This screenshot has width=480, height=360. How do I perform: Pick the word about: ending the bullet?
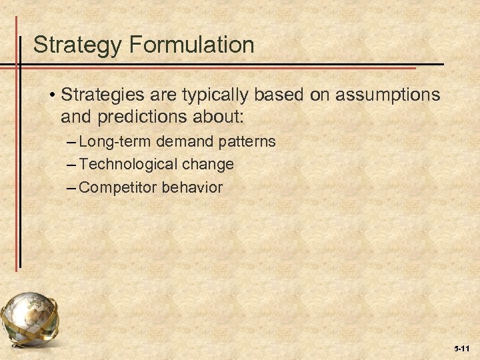220,118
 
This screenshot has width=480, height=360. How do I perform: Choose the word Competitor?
117,187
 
